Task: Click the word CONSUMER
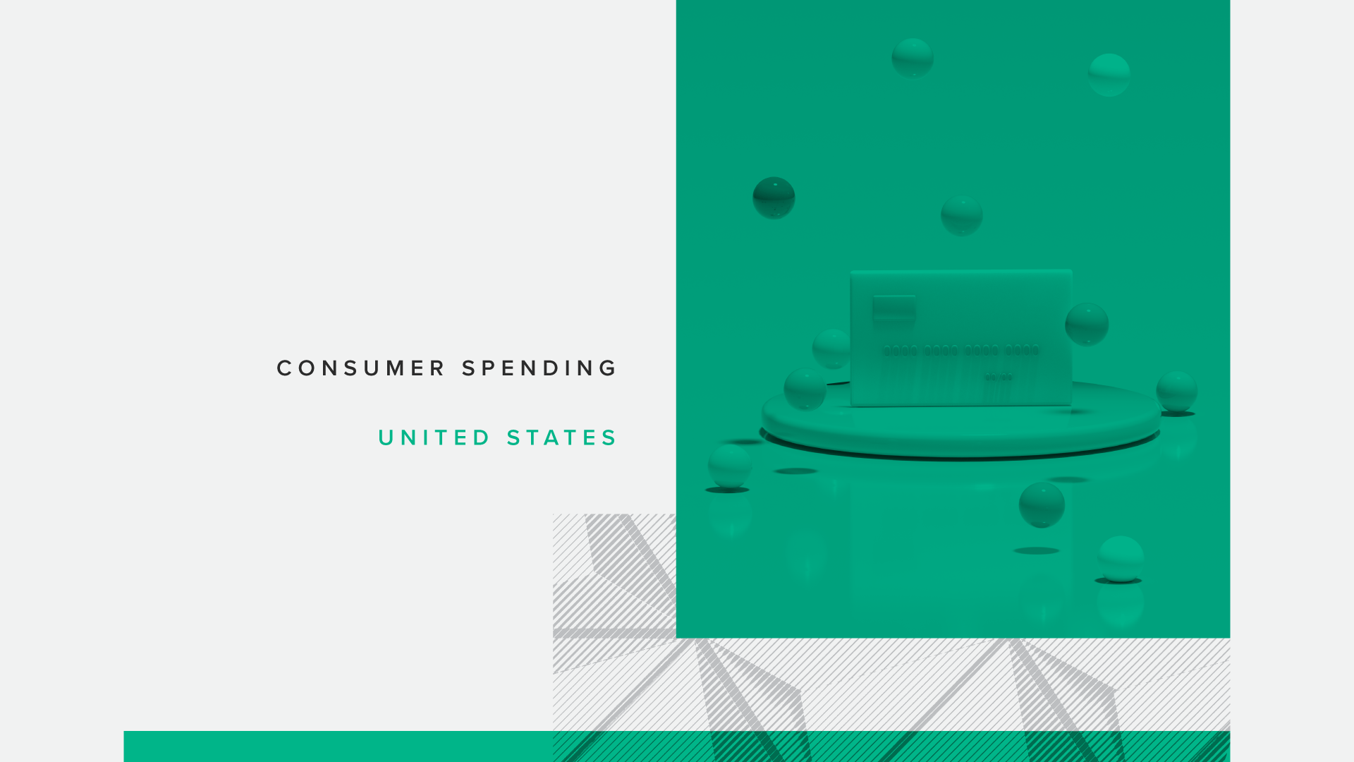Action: pyautogui.click(x=360, y=368)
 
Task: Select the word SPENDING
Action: pyautogui.click(x=539, y=368)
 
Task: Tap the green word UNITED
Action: pyautogui.click(x=434, y=438)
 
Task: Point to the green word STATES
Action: pyautogui.click(x=561, y=438)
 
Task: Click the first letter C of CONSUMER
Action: pyautogui.click(x=283, y=368)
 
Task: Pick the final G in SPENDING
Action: pyautogui.click(x=609, y=368)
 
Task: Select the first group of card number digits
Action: pyautogui.click(x=901, y=351)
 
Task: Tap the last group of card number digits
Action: pyautogui.click(x=1022, y=350)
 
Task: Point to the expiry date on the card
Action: pyautogui.click(x=999, y=377)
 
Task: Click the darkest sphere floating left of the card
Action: pyautogui.click(x=774, y=198)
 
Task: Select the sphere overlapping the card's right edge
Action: pyautogui.click(x=1086, y=324)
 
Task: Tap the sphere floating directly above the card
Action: pyautogui.click(x=961, y=215)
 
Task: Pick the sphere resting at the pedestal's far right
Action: pyautogui.click(x=1176, y=391)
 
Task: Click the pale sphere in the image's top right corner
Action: pyautogui.click(x=1109, y=75)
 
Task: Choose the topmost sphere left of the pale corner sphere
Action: pyautogui.click(x=913, y=58)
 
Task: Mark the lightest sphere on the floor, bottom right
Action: pyautogui.click(x=1120, y=558)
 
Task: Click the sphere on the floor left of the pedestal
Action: pyautogui.click(x=729, y=466)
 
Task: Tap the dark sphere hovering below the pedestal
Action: pyautogui.click(x=1042, y=504)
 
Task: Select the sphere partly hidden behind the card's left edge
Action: pyautogui.click(x=832, y=349)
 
